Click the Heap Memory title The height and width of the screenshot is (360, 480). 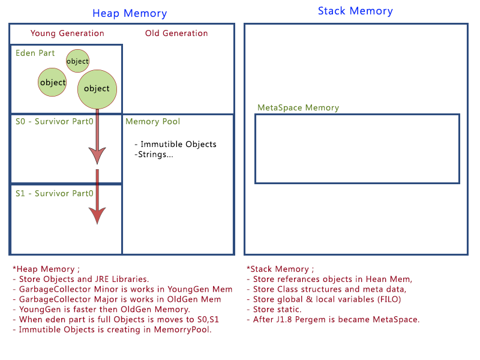pos(130,13)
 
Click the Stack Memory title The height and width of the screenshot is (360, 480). pos(355,11)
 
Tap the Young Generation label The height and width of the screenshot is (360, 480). pos(67,34)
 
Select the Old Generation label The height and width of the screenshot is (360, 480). pos(176,34)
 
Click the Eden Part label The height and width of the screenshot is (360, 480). pos(35,53)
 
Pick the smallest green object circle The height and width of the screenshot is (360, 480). pos(77,61)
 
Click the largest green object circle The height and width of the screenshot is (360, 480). pos(97,89)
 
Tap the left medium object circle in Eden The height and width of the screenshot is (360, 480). pos(52,82)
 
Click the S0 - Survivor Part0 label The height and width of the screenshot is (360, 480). pos(54,122)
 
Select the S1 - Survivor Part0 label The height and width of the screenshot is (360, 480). pos(54,194)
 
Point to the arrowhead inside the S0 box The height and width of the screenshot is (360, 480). pos(97,155)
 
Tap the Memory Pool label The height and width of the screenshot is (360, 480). pos(152,122)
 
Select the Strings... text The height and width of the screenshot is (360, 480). pos(154,155)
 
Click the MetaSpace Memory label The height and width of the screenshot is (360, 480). pos(298,108)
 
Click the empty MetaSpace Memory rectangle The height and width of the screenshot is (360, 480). pos(357,149)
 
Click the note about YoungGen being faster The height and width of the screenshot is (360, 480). pos(101,310)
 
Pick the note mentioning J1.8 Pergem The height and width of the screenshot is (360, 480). pos(333,319)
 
